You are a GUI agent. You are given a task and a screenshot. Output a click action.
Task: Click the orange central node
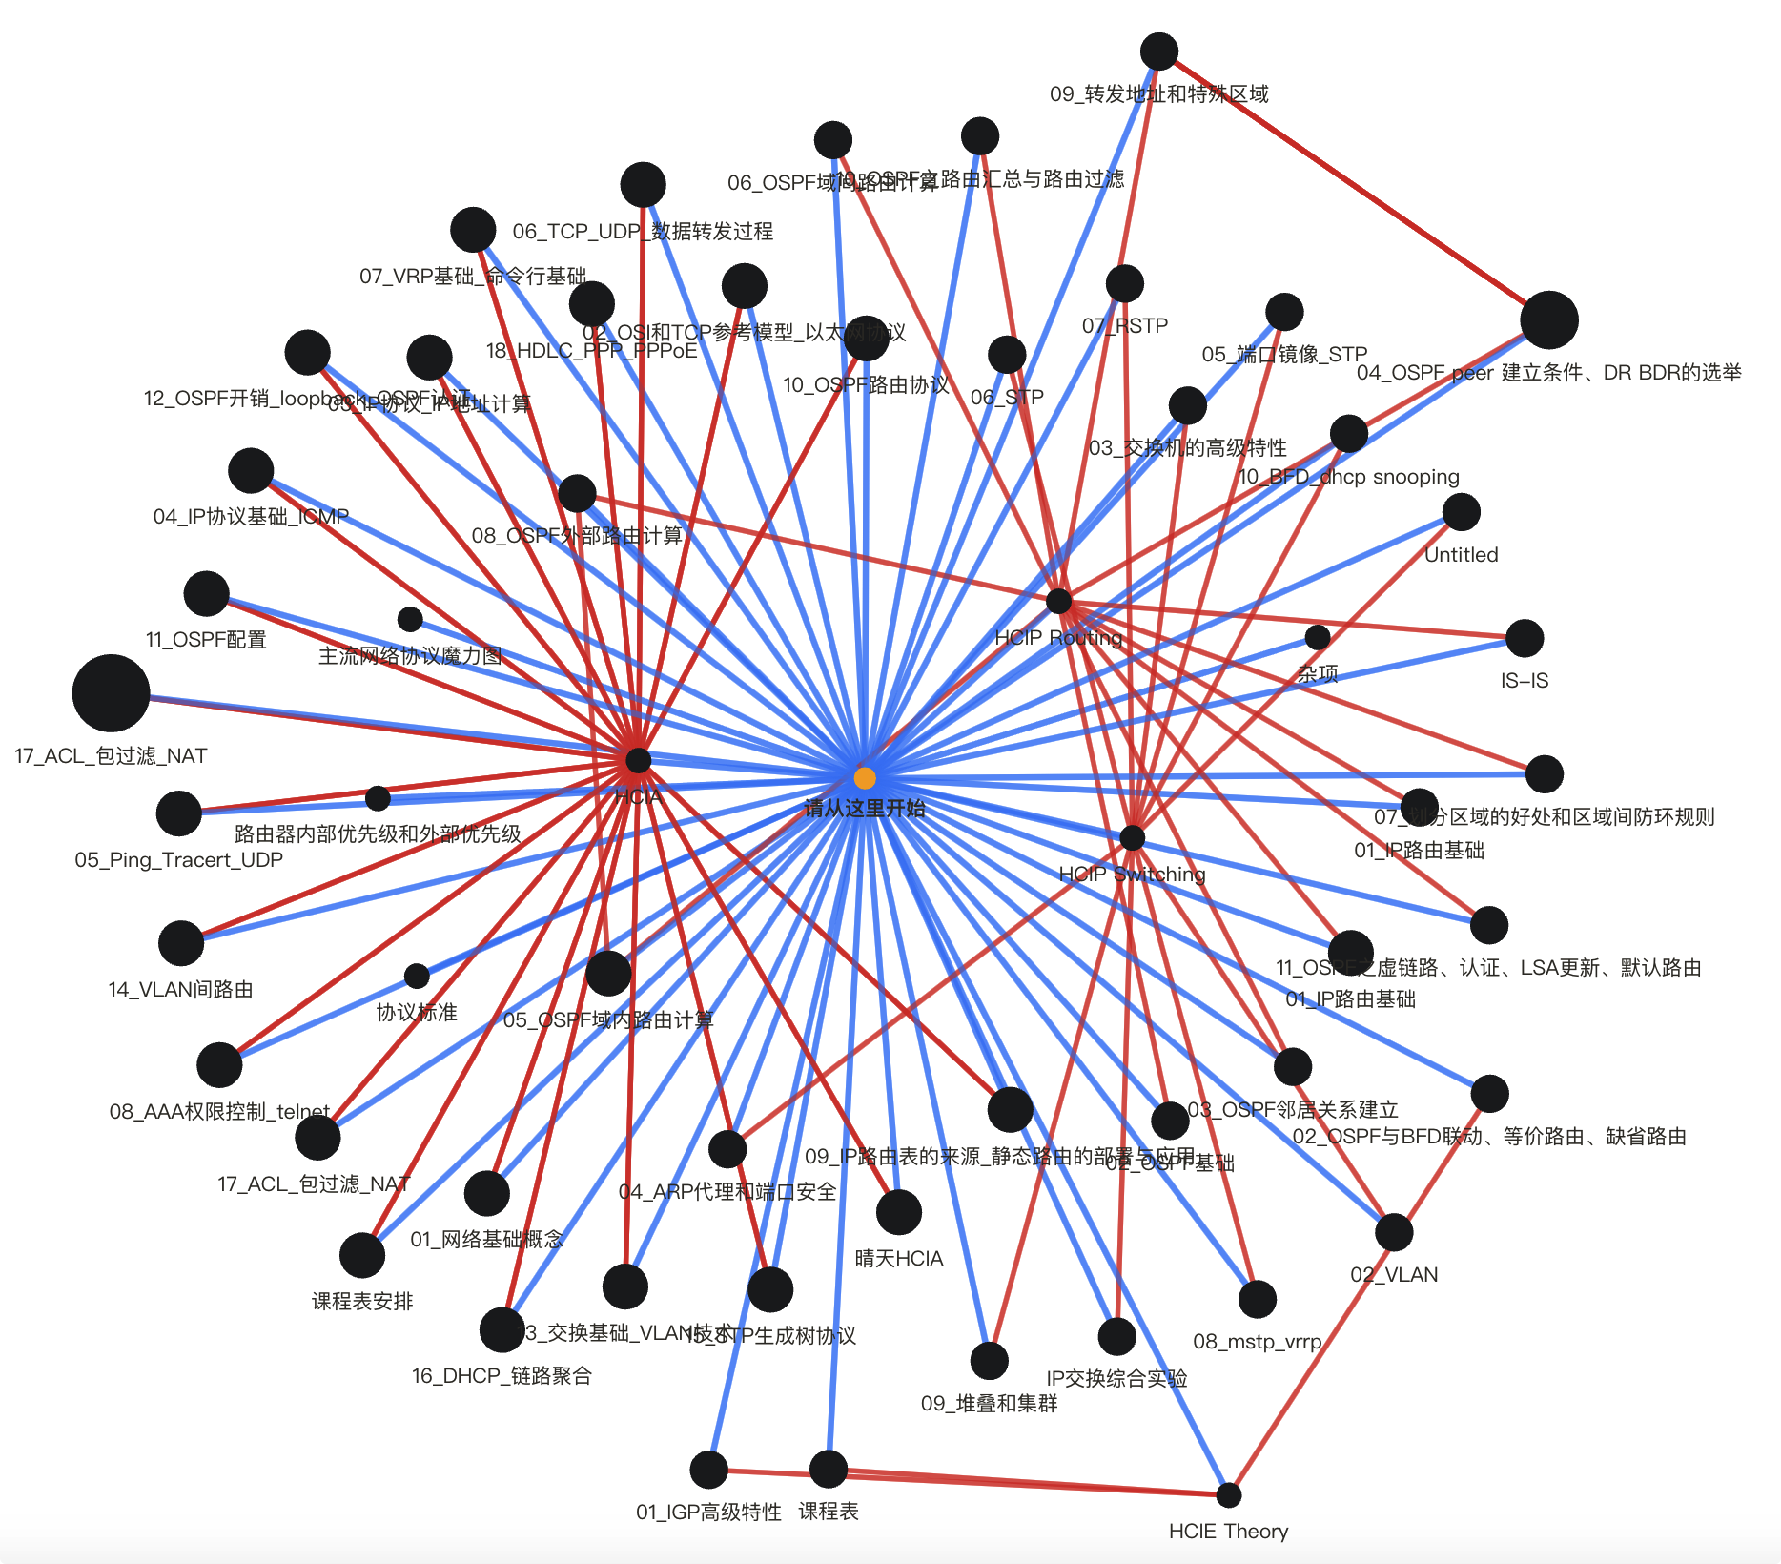click(865, 778)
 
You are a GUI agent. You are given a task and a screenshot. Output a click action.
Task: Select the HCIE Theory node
click(1229, 1494)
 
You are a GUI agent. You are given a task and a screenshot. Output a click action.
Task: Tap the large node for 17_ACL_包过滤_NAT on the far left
click(111, 692)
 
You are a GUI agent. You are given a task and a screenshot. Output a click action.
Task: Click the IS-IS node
click(1525, 638)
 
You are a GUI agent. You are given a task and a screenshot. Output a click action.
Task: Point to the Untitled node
click(1461, 512)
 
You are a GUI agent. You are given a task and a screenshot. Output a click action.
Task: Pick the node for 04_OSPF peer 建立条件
click(1549, 319)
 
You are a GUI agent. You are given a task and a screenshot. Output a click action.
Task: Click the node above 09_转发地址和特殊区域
click(1159, 51)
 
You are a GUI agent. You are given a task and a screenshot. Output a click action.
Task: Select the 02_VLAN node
click(1394, 1232)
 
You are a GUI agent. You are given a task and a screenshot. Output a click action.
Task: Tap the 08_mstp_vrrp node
click(1258, 1299)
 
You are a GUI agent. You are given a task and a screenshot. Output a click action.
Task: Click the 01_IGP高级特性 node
click(708, 1470)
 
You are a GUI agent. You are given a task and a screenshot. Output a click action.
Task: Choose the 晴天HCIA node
click(898, 1212)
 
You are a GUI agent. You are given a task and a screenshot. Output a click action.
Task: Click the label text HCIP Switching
click(1132, 874)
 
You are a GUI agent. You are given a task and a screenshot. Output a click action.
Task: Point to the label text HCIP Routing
click(1058, 637)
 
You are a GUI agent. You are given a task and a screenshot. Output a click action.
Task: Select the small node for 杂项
click(1318, 636)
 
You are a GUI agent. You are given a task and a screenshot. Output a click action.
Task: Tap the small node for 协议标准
click(417, 976)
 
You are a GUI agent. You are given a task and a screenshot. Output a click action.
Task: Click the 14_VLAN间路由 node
click(181, 943)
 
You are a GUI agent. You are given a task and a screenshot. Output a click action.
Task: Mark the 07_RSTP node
click(1125, 283)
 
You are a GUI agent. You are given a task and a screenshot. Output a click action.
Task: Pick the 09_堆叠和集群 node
click(990, 1360)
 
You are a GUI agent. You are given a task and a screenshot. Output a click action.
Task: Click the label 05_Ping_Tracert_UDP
click(179, 859)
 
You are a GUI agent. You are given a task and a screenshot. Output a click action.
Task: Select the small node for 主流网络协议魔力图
click(410, 619)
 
